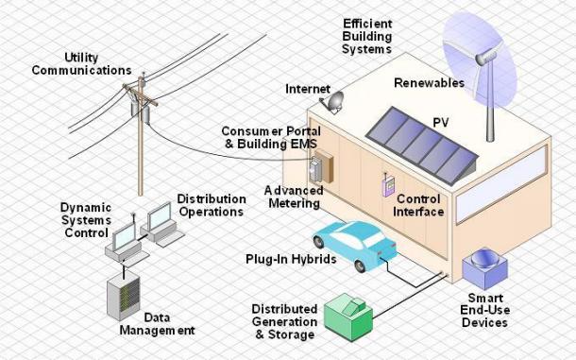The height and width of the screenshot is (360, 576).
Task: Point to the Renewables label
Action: [x=431, y=83]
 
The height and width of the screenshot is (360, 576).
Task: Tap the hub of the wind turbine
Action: [x=487, y=60]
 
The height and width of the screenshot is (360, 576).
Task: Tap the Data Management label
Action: [x=157, y=324]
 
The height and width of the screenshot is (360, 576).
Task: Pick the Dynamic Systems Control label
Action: [x=86, y=218]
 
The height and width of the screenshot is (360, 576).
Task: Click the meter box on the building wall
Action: [x=325, y=166]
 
